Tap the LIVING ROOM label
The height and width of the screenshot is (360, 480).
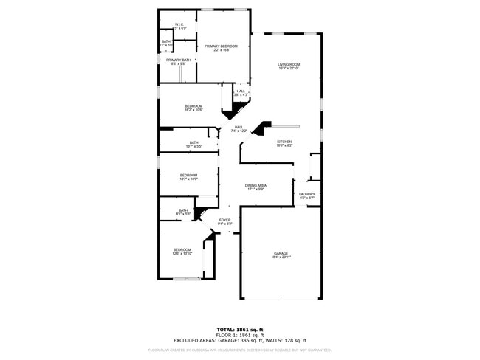289,64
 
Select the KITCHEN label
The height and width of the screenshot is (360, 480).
284,142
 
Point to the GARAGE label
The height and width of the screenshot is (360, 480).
281,253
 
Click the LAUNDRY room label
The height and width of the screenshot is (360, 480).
306,195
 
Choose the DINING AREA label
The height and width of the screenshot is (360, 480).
256,185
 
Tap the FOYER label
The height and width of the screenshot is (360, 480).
224,220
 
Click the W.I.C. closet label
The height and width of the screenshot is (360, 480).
179,25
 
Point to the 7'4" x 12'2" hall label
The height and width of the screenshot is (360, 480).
239,131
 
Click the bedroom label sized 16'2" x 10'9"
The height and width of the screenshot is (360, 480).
193,106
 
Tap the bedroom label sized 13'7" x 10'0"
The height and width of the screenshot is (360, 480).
188,178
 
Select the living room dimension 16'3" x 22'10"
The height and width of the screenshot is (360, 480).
289,69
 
